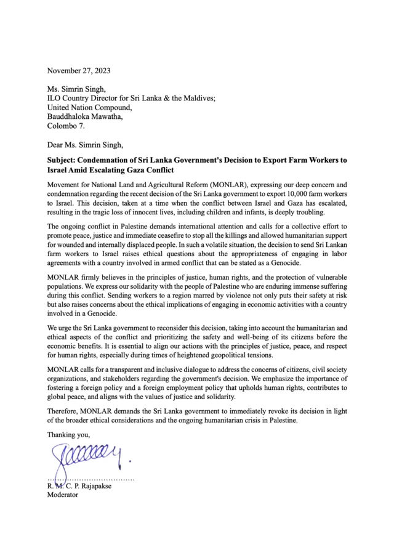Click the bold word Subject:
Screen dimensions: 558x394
pyautogui.click(x=65, y=160)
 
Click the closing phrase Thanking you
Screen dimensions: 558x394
pyautogui.click(x=68, y=435)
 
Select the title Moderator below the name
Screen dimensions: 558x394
pyautogui.click(x=63, y=495)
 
